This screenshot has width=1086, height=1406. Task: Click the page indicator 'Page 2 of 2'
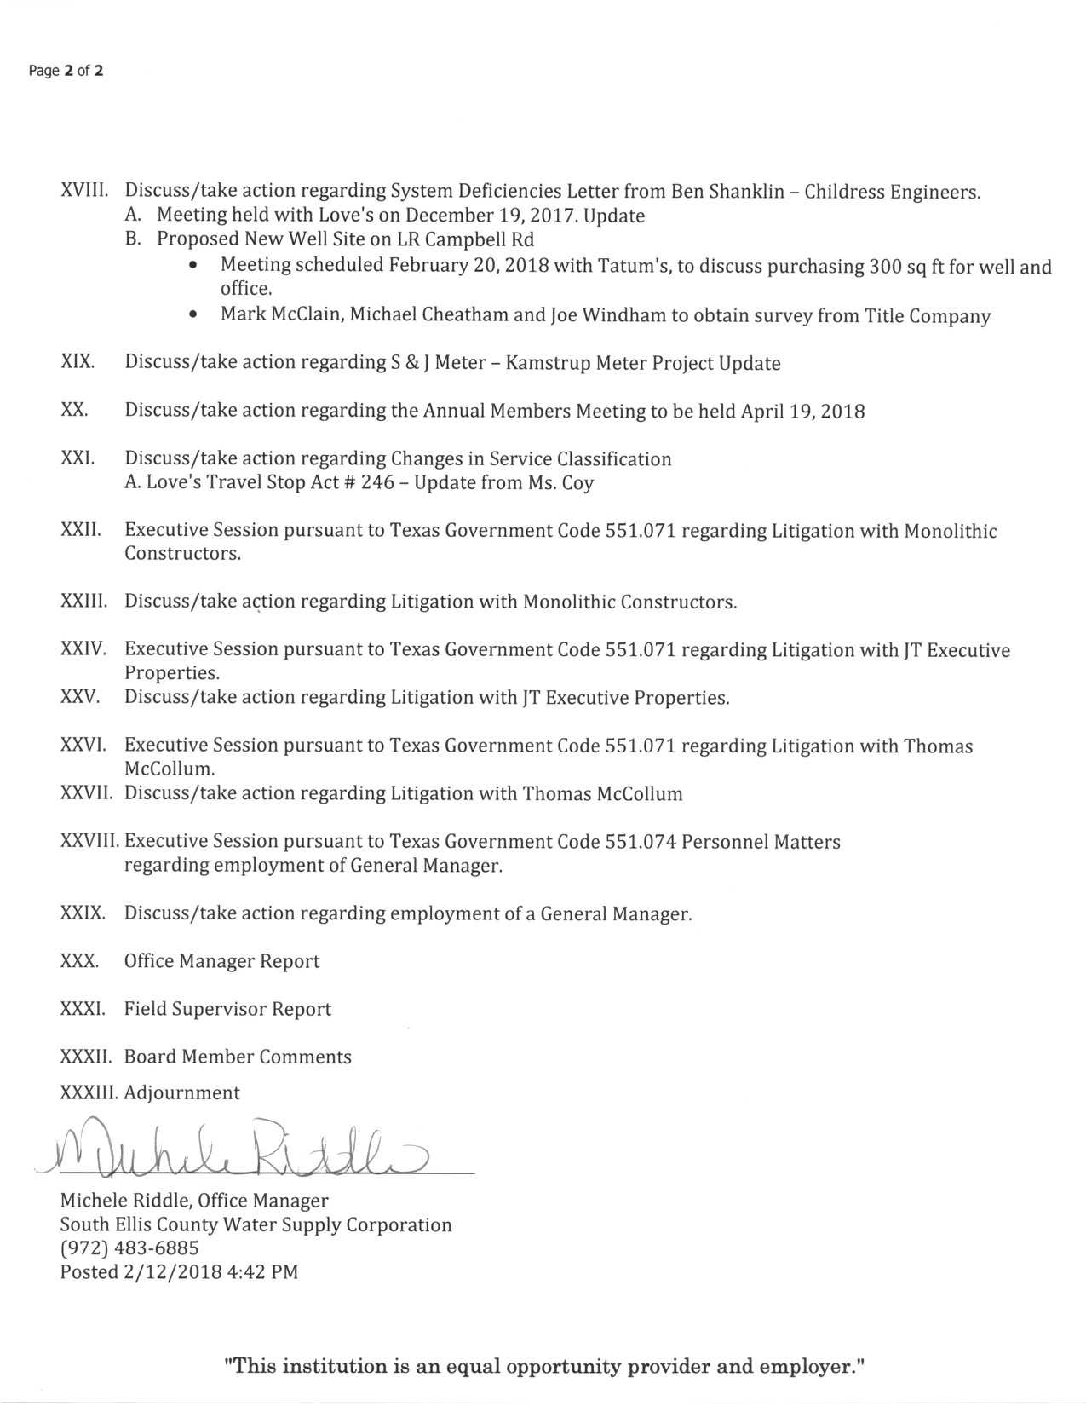coord(66,71)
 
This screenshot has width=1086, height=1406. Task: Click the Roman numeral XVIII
coord(82,191)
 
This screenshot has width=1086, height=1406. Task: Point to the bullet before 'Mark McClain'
coord(195,315)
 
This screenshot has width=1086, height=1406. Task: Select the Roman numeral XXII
coord(81,530)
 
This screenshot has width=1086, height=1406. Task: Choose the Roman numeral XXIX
coord(83,913)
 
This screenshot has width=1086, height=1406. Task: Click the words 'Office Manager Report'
coord(221,961)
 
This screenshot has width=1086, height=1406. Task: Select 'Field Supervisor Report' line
coord(227,1009)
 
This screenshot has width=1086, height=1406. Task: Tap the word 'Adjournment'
coord(182,1092)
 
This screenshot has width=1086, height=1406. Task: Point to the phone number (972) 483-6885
coord(129,1248)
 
